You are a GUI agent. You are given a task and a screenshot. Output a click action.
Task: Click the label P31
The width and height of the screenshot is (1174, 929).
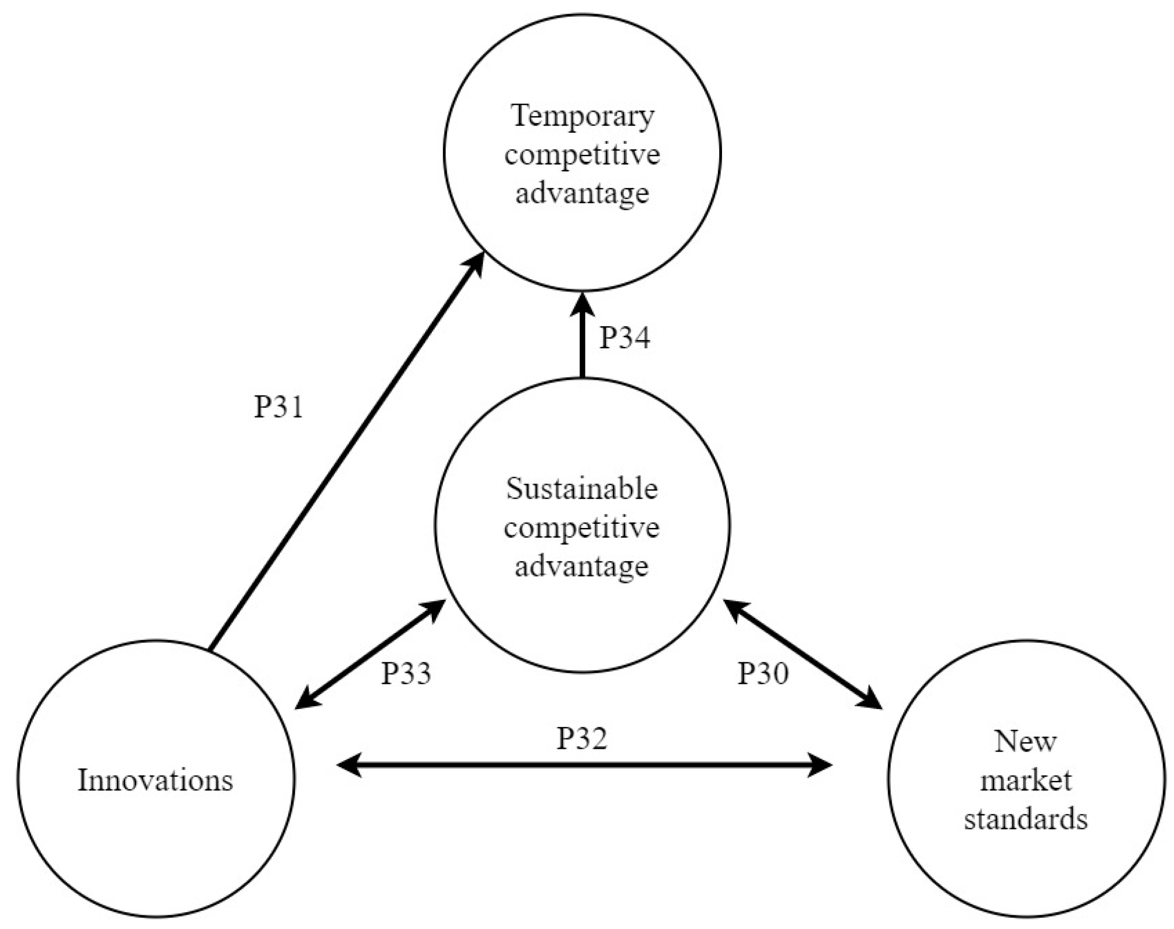[x=278, y=407]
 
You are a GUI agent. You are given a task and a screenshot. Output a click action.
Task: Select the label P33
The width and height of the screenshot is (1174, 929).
[x=405, y=673]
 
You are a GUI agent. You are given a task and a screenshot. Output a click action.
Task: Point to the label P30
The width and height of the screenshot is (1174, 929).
[x=762, y=673]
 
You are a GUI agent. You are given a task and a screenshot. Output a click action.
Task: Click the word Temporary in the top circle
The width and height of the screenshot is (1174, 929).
[x=582, y=116]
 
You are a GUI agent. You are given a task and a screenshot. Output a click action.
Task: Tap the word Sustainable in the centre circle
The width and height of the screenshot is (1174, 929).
[x=582, y=489]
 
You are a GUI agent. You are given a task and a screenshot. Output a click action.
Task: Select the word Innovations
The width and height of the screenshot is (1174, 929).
[x=155, y=780]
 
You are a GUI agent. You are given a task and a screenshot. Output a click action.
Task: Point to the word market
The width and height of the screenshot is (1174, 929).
[x=1025, y=781]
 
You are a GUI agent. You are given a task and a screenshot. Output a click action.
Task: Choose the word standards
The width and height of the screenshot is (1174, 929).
[x=1025, y=819]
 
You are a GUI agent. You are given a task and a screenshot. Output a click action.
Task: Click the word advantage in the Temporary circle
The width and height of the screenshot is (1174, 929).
[x=582, y=193]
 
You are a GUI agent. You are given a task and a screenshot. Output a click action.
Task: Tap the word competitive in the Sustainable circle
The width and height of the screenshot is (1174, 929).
[x=582, y=528]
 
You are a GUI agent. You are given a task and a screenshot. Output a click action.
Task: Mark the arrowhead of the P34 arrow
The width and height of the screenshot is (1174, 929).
[x=582, y=305]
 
